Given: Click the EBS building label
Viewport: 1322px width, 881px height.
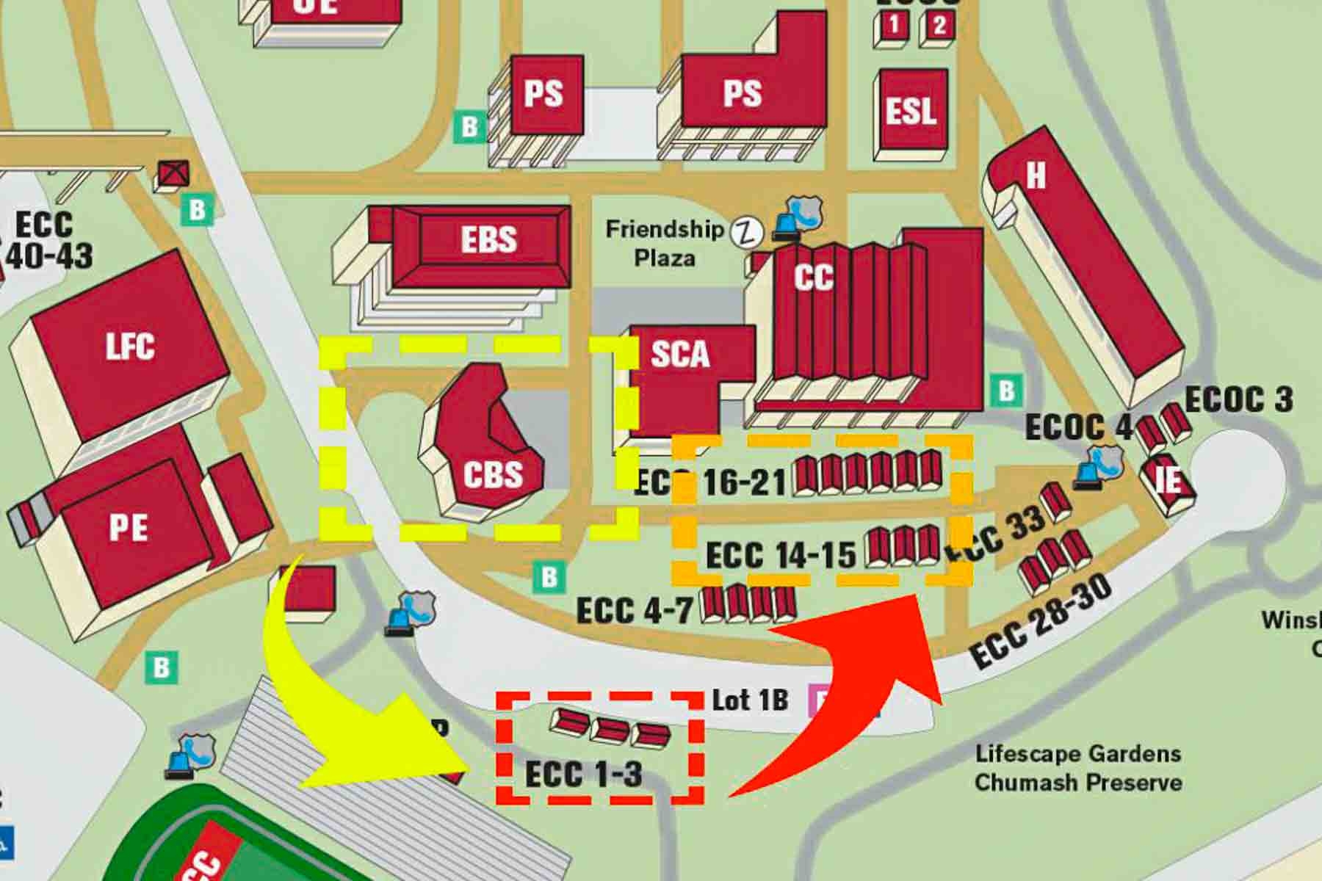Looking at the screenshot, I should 488,239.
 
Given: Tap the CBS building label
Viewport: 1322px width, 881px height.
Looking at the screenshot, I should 493,474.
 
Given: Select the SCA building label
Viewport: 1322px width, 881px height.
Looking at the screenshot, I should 680,354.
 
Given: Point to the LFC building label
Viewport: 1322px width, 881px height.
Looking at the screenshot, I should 130,347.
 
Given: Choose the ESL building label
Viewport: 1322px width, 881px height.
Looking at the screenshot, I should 910,112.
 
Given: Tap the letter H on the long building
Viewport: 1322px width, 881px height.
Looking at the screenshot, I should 1036,175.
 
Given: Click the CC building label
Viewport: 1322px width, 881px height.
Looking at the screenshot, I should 814,278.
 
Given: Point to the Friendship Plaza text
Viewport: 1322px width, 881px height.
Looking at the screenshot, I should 665,243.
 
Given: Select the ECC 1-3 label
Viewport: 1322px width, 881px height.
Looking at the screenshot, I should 584,773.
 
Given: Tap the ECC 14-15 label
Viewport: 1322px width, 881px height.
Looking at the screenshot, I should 781,554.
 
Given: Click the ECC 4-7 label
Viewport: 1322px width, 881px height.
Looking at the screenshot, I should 635,610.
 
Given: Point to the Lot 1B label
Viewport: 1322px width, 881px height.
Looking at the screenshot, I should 750,700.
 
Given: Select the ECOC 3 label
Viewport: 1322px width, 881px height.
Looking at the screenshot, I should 1238,400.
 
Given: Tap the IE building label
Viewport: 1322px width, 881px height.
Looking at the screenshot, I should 1168,481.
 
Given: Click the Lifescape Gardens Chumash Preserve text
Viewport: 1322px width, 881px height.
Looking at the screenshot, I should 1078,767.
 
